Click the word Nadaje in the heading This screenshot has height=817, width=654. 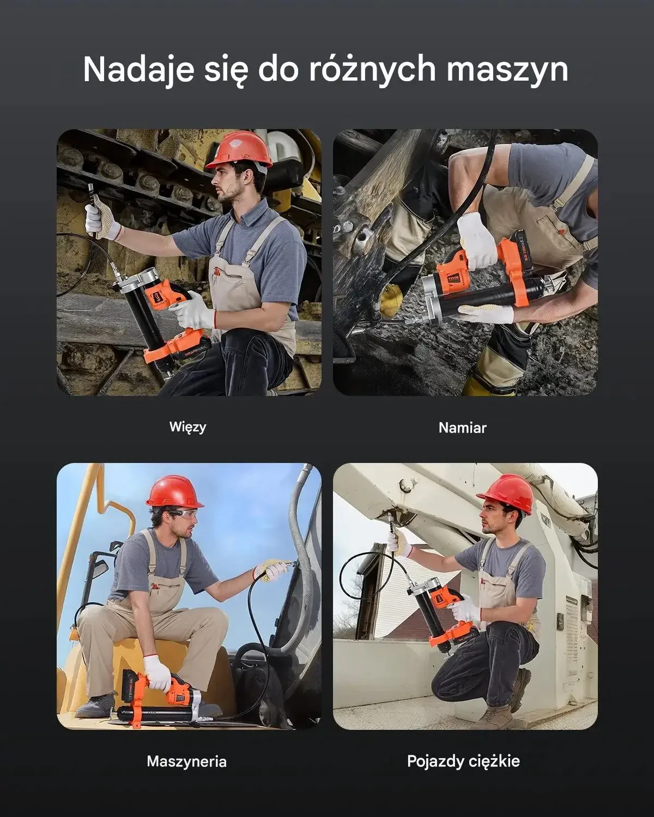point(139,70)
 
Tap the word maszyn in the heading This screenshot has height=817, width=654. point(507,70)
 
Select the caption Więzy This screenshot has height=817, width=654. point(187,427)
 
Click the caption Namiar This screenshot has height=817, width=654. point(463,428)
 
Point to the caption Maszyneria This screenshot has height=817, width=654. point(186,761)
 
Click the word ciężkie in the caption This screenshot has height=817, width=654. point(492,761)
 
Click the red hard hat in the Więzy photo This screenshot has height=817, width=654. point(239,149)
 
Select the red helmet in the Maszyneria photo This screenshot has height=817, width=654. point(175,492)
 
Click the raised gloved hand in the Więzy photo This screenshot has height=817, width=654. point(101,220)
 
